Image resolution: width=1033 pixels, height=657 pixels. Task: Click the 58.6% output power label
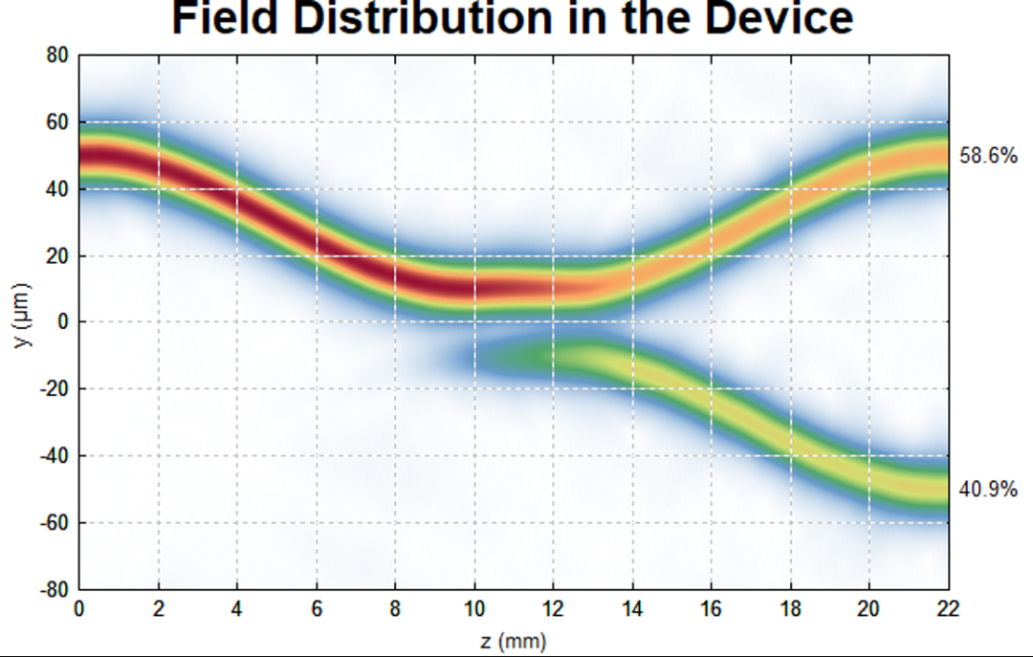(x=988, y=156)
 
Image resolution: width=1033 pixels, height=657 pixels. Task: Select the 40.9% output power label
(x=988, y=490)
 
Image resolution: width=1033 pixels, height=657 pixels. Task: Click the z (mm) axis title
(x=514, y=640)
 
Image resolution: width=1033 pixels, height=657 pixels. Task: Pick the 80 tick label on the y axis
(x=57, y=55)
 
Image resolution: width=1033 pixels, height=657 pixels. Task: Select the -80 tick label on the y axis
(x=54, y=589)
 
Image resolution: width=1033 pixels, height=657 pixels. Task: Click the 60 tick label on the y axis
(x=57, y=122)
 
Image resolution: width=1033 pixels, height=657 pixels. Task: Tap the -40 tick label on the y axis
(x=54, y=456)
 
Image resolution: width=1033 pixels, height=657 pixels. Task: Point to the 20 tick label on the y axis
(x=57, y=256)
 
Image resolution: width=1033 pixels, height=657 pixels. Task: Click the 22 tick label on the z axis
(x=948, y=608)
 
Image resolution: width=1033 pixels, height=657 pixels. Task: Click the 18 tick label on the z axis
(x=790, y=608)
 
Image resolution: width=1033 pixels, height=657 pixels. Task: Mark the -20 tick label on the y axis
(x=54, y=389)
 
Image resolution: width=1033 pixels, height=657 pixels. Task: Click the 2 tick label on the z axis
(x=159, y=608)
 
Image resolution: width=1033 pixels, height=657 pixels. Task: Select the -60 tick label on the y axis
(x=54, y=523)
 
